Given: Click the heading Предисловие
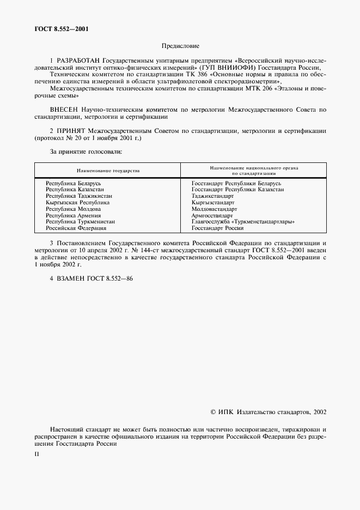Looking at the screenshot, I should (180, 46).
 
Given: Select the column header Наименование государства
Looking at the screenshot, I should (108, 171).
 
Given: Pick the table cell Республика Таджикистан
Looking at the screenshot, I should (79, 196).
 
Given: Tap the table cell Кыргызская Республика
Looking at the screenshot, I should (77, 202).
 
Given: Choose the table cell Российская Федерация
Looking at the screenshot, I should (76, 228).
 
